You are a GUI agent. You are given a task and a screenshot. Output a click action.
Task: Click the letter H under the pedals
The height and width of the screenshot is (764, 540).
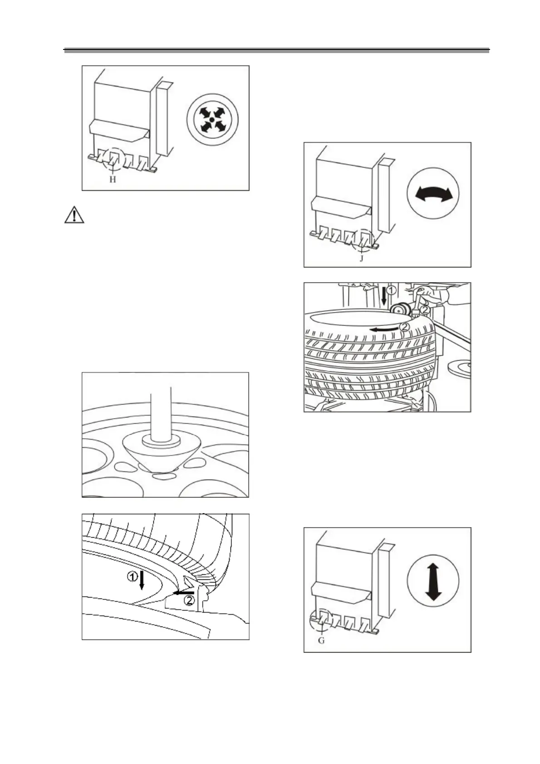pos(113,180)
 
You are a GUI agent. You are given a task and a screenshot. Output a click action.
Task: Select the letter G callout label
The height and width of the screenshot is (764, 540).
pos(321,642)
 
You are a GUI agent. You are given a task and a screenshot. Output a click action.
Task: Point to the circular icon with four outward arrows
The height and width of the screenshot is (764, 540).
pos(211,119)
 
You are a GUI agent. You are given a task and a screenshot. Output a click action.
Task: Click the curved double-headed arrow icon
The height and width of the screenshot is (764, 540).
pos(433,195)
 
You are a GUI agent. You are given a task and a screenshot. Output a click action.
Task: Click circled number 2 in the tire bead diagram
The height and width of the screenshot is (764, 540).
pos(190,601)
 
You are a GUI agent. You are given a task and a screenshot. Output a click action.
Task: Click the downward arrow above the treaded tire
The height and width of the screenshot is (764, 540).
pos(384,295)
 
